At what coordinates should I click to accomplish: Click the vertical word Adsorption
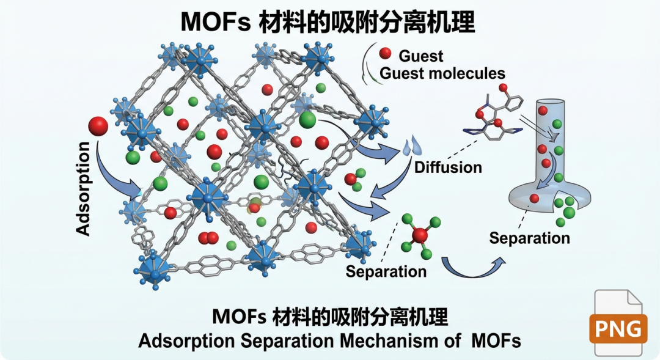[x=84, y=189]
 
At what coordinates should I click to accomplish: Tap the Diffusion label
[x=448, y=167]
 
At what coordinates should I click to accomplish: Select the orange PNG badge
[x=618, y=329]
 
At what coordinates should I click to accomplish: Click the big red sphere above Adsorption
[x=98, y=127]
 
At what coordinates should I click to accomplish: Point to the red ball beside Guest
[x=385, y=53]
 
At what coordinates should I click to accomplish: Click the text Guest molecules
[x=442, y=74]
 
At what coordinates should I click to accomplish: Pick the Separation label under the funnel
[x=529, y=238]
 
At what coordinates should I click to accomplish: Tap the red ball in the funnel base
[x=535, y=198]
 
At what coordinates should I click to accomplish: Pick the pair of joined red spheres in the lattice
[x=208, y=237]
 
